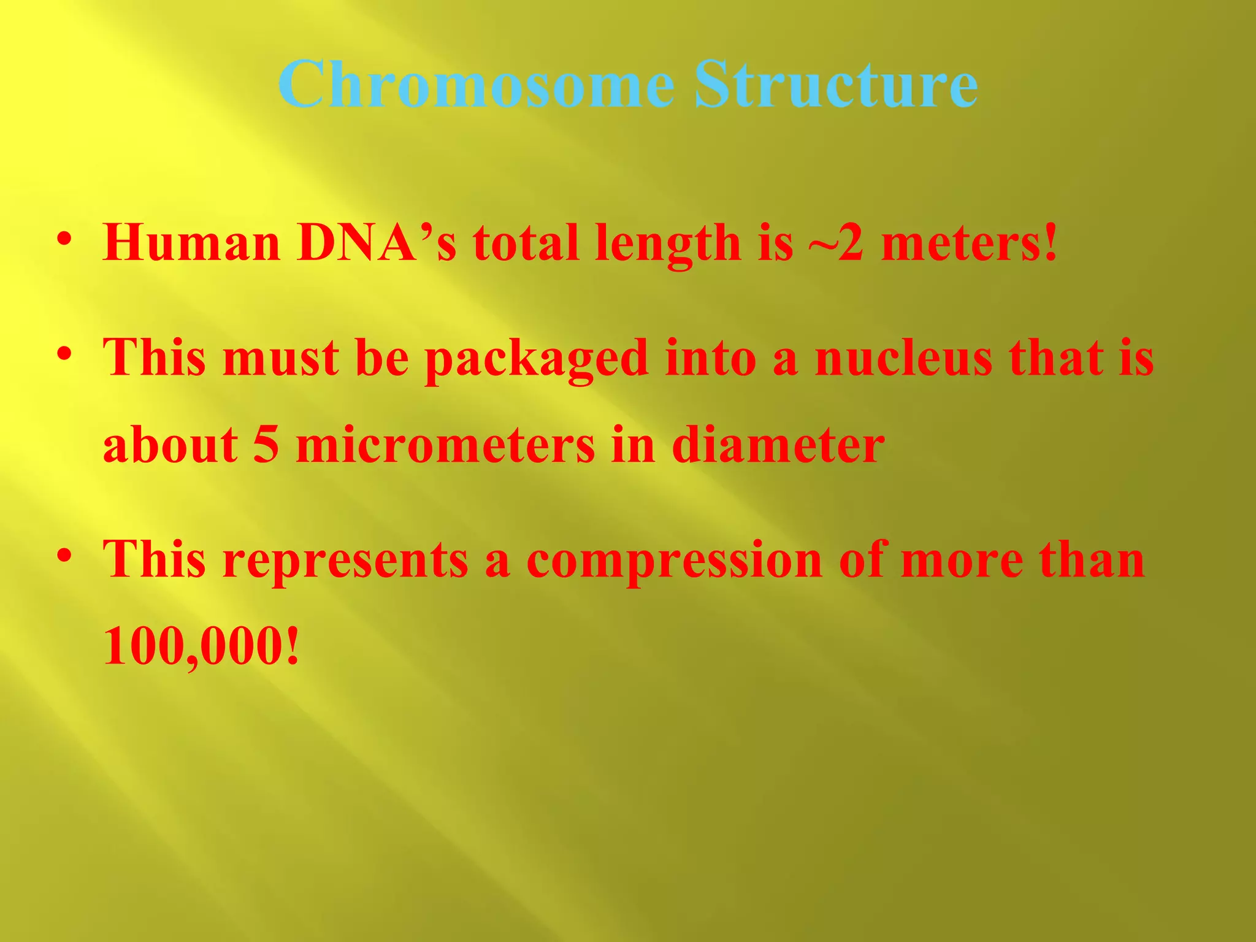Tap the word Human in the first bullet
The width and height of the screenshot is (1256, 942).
[x=191, y=243]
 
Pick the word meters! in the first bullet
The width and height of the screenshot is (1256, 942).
[x=970, y=243]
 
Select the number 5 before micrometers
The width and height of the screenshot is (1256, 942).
[x=266, y=445]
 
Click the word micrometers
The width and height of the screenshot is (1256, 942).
[x=445, y=445]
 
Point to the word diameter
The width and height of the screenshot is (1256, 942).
[x=778, y=445]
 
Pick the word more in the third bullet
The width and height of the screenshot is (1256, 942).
[x=962, y=560]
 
